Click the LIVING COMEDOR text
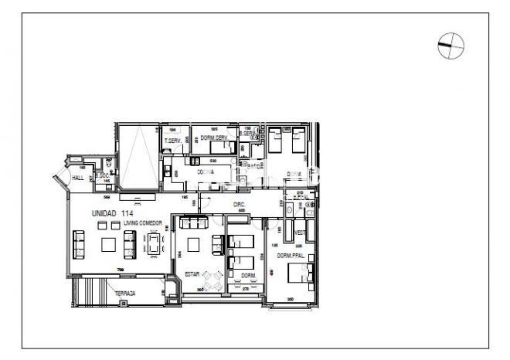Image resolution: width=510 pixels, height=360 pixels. pos(139,222)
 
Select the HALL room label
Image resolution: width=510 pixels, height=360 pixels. pos(77,178)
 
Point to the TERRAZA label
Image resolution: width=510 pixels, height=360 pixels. pos(125,294)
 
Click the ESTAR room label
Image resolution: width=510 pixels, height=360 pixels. pos(192,273)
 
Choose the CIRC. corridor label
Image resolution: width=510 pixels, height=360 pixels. pos(239,205)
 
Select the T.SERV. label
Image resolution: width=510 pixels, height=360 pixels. pos(173,140)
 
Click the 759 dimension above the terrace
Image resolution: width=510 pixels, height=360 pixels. pos(120,270)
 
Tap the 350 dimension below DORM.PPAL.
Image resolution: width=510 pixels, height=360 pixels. pos(291,298)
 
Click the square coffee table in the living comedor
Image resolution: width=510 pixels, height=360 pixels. pos(109,245)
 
